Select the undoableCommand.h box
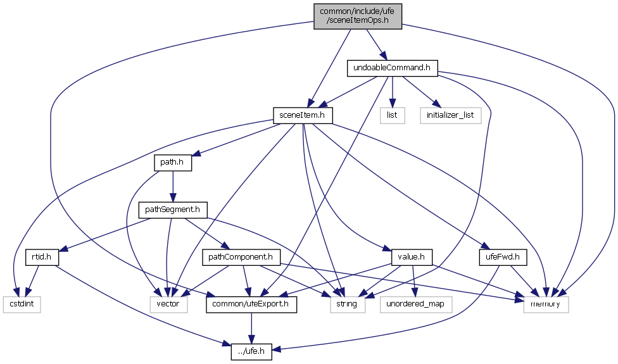pyautogui.click(x=393, y=68)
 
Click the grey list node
pyautogui.click(x=392, y=115)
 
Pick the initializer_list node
pyautogui.click(x=450, y=115)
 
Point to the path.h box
pyautogui.click(x=173, y=162)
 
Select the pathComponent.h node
pyautogui.click(x=241, y=257)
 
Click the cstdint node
pyautogui.click(x=21, y=304)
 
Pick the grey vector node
pyautogui.click(x=168, y=304)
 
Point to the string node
pyautogui.click(x=347, y=304)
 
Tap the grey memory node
pyautogui.click(x=546, y=304)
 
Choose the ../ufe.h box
pyautogui.click(x=252, y=352)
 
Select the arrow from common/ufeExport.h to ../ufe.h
pyautogui.click(x=252, y=328)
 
